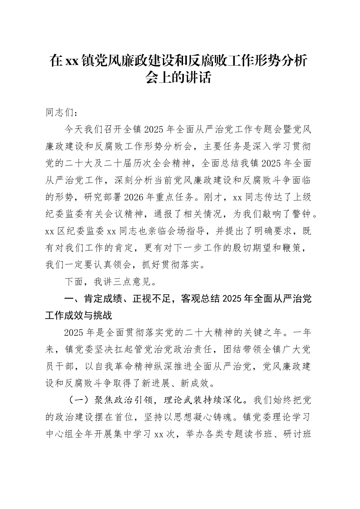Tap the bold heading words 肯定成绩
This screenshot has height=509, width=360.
pos(103,299)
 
